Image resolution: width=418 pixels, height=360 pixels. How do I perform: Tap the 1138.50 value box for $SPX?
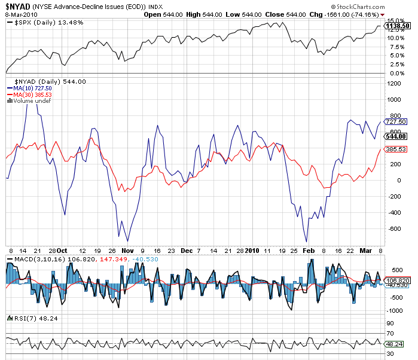398,26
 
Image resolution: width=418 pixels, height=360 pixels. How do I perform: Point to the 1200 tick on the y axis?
393,84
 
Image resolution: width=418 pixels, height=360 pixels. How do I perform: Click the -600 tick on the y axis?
393,229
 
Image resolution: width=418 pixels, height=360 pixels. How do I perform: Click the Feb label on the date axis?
309,251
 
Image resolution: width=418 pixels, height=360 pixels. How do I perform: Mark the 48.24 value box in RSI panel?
396,344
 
